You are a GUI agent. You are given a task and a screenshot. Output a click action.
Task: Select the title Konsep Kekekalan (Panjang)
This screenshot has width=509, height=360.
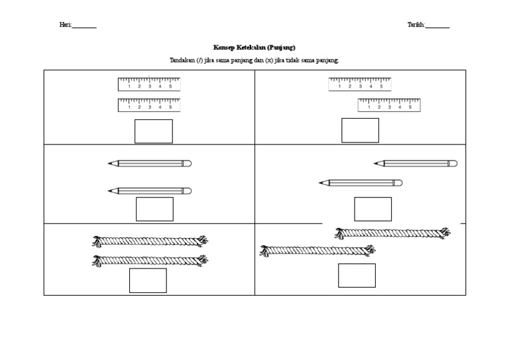click(254, 48)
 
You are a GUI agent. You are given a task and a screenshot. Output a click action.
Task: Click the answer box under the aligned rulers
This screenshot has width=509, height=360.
click(154, 131)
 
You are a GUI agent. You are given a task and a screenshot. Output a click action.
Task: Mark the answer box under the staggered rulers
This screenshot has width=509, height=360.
click(360, 131)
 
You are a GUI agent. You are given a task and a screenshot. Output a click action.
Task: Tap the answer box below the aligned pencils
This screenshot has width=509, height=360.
click(154, 209)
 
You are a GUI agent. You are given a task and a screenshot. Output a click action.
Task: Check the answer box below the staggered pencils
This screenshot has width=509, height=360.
click(372, 209)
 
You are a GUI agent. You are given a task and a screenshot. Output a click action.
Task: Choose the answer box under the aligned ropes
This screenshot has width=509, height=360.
click(148, 280)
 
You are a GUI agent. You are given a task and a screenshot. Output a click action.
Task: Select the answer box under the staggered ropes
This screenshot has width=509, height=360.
click(357, 275)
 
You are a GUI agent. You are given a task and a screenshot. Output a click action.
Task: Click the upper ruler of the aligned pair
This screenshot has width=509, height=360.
click(149, 84)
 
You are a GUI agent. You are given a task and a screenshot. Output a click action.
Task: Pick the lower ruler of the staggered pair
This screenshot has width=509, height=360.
click(388, 105)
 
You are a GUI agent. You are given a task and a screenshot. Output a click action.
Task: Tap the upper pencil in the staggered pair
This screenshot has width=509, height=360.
click(416, 163)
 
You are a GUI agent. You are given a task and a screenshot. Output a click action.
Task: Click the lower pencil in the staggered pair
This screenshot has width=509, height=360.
click(360, 182)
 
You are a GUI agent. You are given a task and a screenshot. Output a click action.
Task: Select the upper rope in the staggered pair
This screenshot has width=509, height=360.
click(392, 233)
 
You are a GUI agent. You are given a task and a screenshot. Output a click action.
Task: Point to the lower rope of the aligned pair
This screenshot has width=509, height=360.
click(149, 261)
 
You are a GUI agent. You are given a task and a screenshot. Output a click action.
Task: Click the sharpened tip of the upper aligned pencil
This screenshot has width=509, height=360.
click(109, 163)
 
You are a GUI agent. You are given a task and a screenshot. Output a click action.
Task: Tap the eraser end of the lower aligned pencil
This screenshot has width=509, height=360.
click(188, 191)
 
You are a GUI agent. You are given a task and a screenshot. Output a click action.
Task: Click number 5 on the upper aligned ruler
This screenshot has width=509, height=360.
click(170, 87)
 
